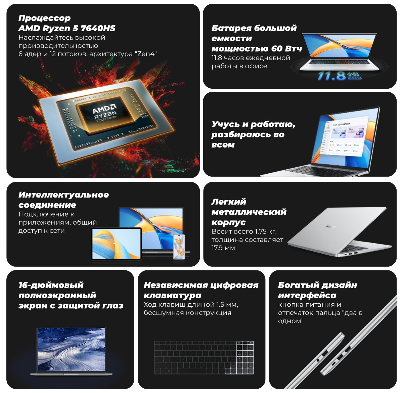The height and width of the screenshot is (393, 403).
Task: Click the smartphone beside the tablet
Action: coord(179,247)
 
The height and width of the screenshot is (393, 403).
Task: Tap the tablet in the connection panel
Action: coord(117,244)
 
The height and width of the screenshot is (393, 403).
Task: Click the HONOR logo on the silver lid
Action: coord(331,227)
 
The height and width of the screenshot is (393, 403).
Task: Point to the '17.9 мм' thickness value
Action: coord(223,248)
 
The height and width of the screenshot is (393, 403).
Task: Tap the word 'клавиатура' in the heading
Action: coord(173,296)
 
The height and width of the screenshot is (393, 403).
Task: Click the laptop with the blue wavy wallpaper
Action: coord(71,351)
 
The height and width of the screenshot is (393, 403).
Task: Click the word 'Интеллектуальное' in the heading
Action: coord(63,195)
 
